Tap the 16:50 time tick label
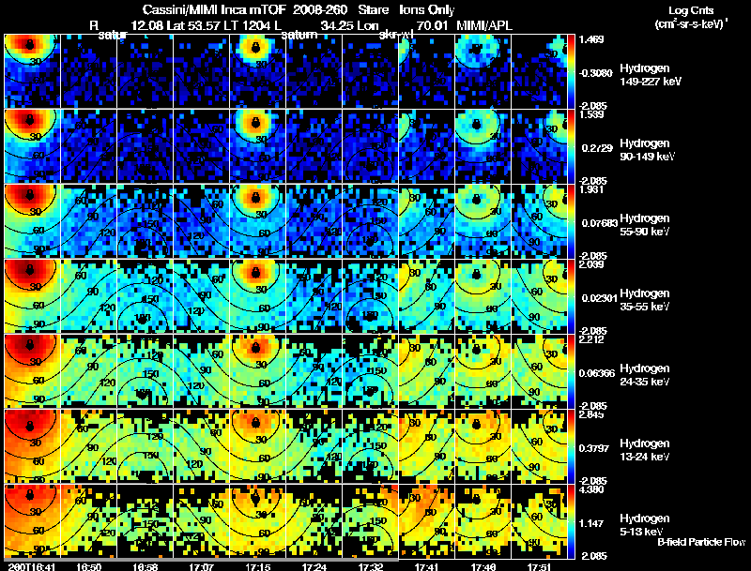[89, 566]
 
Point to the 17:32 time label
[371, 566]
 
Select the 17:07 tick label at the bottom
[202, 566]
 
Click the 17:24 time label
[314, 566]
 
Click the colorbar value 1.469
[593, 40]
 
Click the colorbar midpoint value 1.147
[593, 521]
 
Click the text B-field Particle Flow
[701, 542]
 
